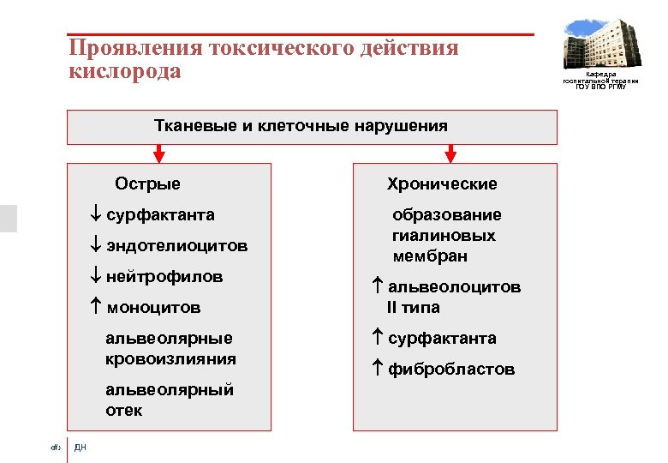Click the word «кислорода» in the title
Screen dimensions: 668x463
(x=125, y=71)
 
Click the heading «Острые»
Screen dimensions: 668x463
(x=147, y=183)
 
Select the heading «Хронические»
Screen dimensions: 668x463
(x=442, y=184)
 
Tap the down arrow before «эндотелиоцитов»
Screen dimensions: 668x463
(x=95, y=246)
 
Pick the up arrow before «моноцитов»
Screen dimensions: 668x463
(x=95, y=307)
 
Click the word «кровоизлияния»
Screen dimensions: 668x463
(x=170, y=358)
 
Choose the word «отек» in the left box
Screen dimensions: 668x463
(x=124, y=411)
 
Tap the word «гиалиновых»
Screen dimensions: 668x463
(x=444, y=236)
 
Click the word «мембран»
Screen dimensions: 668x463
(x=431, y=256)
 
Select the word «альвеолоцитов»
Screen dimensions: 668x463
(x=455, y=287)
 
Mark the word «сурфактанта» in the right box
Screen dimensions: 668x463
(x=442, y=339)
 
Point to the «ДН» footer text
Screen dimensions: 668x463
(x=81, y=447)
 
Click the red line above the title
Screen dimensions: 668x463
(x=300, y=35)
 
